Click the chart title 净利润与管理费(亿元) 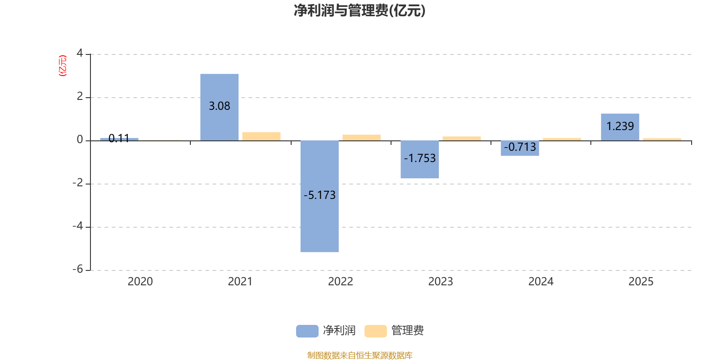pyautogui.click(x=360, y=10)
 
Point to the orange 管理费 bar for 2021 pyautogui.click(x=261, y=136)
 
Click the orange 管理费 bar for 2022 pyautogui.click(x=361, y=137)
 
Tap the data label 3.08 pyautogui.click(x=220, y=106)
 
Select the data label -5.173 pyautogui.click(x=319, y=195)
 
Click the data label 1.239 pyautogui.click(x=620, y=126)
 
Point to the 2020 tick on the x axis pyautogui.click(x=140, y=281)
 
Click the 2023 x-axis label pyautogui.click(x=441, y=281)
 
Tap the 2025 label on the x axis pyautogui.click(x=641, y=281)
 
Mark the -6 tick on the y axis pyautogui.click(x=78, y=269)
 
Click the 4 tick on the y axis pyautogui.click(x=80, y=53)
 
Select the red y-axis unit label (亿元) pyautogui.click(x=63, y=66)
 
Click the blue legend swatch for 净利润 pyautogui.click(x=307, y=331)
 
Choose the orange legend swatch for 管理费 pyautogui.click(x=375, y=331)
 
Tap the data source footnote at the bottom pyautogui.click(x=360, y=355)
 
